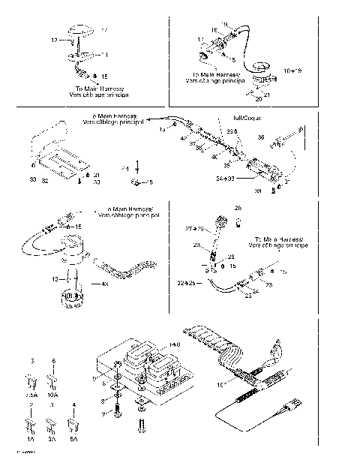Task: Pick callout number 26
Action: [x=238, y=208]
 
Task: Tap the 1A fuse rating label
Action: [x=31, y=440]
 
